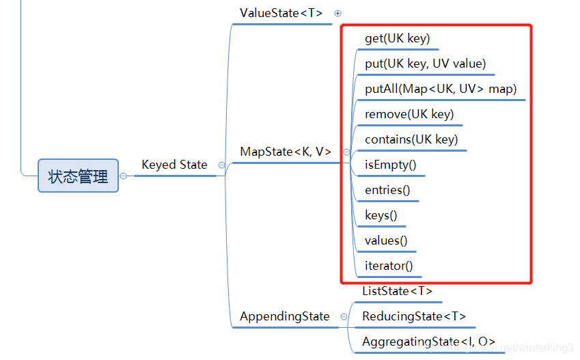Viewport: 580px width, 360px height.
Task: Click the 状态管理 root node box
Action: [78, 176]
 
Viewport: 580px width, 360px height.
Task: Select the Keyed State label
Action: [174, 165]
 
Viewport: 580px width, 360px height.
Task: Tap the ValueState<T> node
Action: [281, 13]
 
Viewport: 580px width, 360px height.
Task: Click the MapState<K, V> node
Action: [286, 152]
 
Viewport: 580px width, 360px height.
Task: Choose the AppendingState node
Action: [284, 316]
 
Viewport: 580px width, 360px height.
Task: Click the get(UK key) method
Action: [397, 38]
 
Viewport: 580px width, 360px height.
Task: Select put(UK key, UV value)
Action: [425, 64]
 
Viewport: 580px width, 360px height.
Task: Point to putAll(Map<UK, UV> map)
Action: [441, 89]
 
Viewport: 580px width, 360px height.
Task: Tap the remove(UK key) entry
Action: [409, 114]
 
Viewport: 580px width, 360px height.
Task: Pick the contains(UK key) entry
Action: [411, 139]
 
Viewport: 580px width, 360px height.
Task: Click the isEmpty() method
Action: [390, 165]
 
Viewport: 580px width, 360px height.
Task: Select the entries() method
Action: [387, 190]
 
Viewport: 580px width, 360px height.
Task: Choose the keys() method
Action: [381, 215]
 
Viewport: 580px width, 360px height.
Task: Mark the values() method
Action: [386, 240]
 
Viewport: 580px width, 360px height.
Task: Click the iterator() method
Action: [389, 266]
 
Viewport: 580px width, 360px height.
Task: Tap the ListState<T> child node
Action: [397, 291]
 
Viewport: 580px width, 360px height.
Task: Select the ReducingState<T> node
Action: [414, 316]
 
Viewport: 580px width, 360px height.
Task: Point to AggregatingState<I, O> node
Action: [428, 342]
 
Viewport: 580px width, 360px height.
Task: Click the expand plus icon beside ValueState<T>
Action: [337, 13]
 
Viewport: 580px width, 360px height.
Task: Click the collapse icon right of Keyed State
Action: [221, 165]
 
